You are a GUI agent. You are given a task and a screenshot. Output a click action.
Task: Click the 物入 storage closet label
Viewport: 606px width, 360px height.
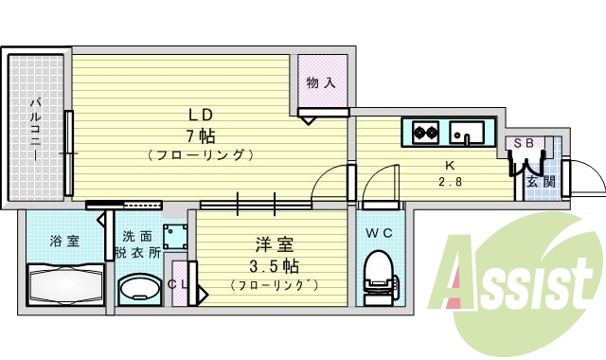321,83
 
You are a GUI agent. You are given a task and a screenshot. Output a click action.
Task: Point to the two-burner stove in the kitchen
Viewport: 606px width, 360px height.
421,131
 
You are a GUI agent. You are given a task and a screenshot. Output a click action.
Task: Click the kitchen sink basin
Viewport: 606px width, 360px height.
466,131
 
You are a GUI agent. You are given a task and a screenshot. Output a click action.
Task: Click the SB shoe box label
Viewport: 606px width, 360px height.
524,143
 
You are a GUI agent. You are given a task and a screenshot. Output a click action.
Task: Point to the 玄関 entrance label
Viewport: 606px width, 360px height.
540,181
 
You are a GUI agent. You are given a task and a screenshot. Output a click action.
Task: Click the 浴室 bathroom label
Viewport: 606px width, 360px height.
64,241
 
